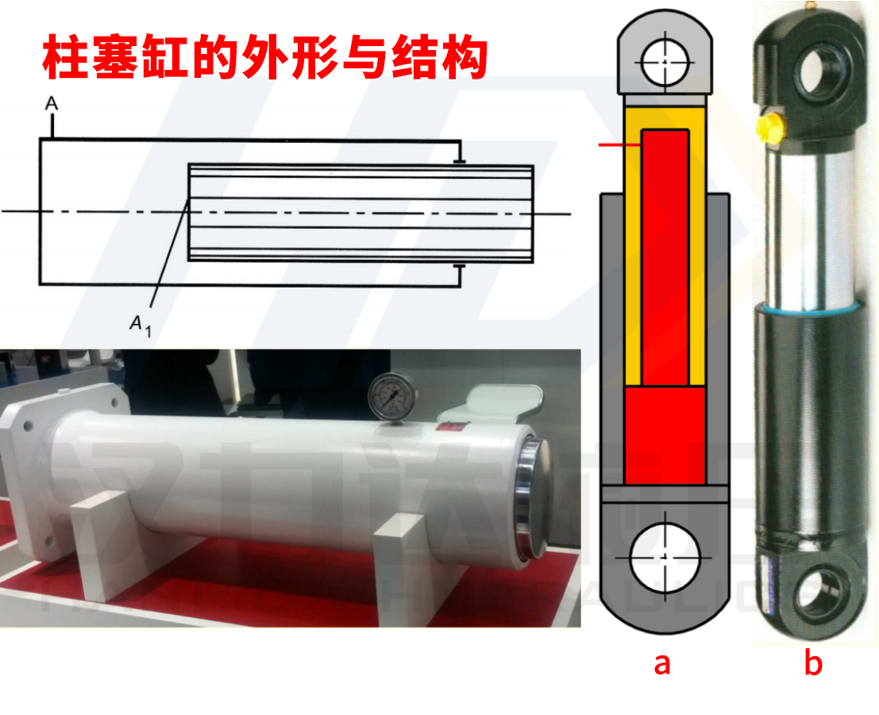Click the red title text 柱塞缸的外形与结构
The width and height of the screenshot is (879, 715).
pos(264,57)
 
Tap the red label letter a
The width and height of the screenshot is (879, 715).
pos(662,663)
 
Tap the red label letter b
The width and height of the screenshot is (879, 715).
pos(812,663)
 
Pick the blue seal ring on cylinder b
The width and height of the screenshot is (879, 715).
pos(806,307)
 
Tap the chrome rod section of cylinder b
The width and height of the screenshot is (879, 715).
pos(806,222)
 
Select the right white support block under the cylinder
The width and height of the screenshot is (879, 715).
pos(399,562)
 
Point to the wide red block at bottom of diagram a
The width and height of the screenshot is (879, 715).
pos(665,435)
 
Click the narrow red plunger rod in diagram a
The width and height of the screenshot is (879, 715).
pos(665,254)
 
